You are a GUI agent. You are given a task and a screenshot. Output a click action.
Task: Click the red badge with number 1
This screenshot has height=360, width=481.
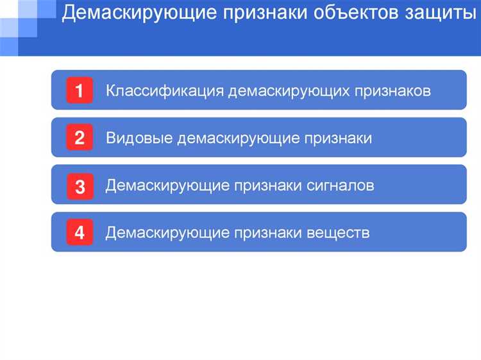tap(80, 90)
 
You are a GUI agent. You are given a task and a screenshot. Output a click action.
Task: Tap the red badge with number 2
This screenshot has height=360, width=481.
tap(80, 138)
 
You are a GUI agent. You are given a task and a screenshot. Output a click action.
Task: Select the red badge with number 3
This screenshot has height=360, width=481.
tap(80, 186)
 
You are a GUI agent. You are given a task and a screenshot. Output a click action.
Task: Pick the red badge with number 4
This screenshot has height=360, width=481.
tap(80, 232)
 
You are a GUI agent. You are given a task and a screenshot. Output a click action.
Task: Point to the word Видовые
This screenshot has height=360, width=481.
tap(139, 138)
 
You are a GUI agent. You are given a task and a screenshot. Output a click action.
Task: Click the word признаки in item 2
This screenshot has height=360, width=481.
tap(338, 138)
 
